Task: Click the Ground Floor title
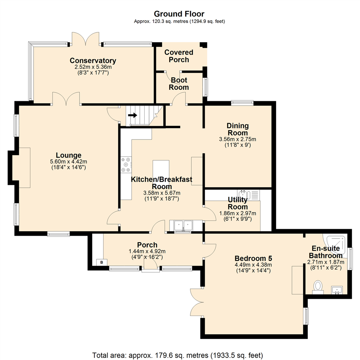click(179, 14)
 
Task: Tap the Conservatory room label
click(93, 61)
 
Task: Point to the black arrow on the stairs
click(132, 115)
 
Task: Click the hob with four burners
click(126, 165)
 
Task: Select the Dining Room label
click(238, 129)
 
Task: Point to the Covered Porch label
click(179, 56)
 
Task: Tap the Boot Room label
click(179, 84)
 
